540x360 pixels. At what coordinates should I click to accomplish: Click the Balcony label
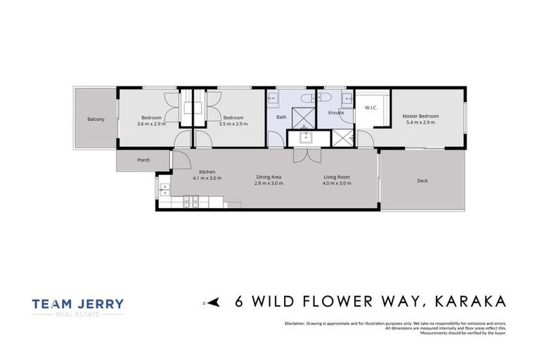click(96, 119)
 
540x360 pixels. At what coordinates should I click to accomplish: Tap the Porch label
click(143, 160)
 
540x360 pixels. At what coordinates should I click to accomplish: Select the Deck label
click(422, 181)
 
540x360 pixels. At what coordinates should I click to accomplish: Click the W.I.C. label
click(371, 108)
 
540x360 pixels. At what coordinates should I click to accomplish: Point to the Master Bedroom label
click(420, 116)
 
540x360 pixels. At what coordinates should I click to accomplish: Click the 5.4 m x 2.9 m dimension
click(420, 122)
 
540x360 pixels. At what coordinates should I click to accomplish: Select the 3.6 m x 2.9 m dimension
click(151, 123)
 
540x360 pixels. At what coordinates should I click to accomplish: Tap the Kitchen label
click(207, 172)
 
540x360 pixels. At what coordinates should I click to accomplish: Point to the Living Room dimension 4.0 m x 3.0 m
click(337, 183)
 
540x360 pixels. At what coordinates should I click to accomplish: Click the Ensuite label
click(335, 112)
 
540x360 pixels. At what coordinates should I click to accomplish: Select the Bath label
click(281, 117)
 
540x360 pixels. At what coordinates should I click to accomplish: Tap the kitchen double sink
click(164, 190)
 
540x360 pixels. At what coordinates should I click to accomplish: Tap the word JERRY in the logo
click(98, 304)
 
